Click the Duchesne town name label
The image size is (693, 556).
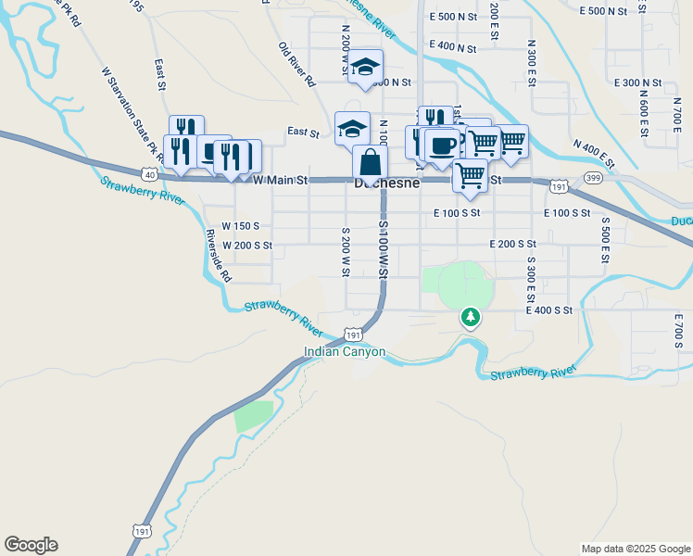388,183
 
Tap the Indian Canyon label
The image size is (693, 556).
345,353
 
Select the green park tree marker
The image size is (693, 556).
472,318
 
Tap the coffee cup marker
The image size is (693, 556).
444,145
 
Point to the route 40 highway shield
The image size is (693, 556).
149,173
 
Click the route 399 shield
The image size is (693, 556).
594,177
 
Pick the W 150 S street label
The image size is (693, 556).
241,226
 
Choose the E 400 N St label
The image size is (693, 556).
453,47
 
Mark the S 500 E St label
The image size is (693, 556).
605,242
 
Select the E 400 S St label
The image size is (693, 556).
549,310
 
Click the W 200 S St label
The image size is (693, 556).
247,246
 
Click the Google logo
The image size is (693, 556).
31,545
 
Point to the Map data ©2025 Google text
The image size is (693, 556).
636,549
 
